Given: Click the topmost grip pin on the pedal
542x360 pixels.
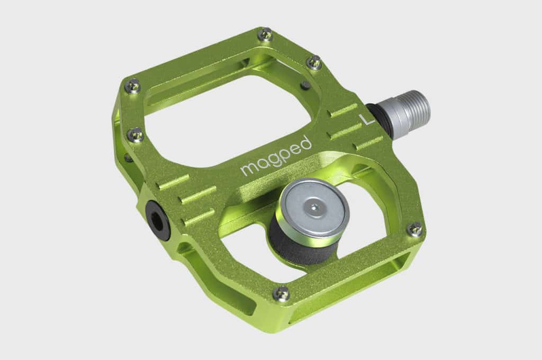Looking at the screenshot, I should tap(265, 35).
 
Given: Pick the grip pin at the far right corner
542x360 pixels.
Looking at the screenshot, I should tap(416, 229).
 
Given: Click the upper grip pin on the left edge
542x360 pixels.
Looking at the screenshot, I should tap(133, 85).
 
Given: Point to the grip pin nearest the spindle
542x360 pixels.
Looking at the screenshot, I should tap(314, 62).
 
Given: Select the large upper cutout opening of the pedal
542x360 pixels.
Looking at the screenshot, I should tap(222, 122).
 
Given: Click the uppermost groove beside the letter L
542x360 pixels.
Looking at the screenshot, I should tap(344, 110).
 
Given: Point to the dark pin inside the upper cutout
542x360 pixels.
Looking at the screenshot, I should tap(305, 85).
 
